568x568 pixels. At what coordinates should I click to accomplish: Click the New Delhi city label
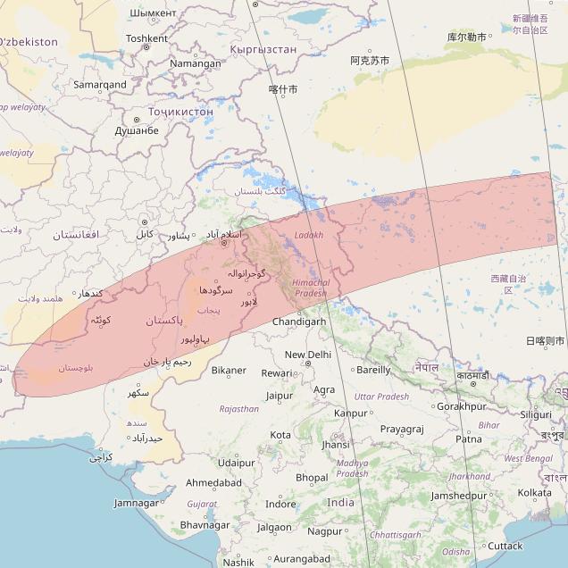[x=306, y=355]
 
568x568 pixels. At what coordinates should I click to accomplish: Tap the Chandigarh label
[x=300, y=322]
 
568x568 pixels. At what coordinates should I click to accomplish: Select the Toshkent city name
[x=146, y=38]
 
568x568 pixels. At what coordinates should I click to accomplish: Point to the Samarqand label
[x=100, y=85]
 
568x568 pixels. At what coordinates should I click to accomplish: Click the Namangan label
[x=195, y=63]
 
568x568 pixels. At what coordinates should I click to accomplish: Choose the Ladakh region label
[x=308, y=235]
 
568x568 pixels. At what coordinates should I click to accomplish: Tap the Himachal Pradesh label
[x=311, y=288]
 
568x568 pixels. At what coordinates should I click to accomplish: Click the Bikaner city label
[x=229, y=370]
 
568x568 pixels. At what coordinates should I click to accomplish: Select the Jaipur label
[x=280, y=395]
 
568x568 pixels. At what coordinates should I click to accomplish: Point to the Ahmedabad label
[x=213, y=482]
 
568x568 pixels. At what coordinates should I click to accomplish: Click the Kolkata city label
[x=534, y=492]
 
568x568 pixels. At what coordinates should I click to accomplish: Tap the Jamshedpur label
[x=458, y=496]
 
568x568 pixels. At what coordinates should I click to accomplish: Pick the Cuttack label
[x=505, y=546]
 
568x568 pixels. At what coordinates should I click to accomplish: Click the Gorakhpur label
[x=462, y=406]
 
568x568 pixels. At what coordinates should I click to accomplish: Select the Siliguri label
[x=536, y=414]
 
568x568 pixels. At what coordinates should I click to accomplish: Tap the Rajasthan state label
[x=238, y=409]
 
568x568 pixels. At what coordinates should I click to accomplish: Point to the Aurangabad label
[x=299, y=559]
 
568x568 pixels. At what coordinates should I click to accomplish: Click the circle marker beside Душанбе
[x=137, y=119]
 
